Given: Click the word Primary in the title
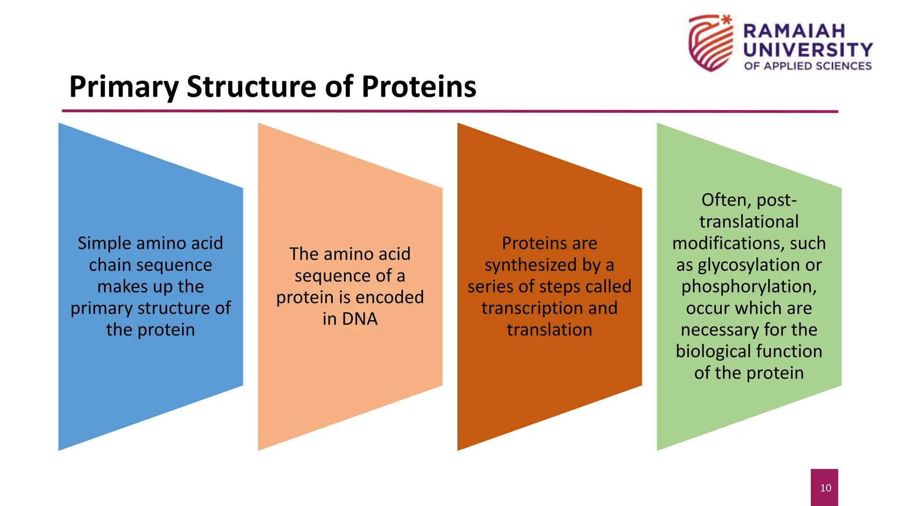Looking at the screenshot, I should click(123, 87).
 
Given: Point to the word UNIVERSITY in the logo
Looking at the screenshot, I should click(808, 50).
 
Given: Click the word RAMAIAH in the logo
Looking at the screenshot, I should click(794, 31).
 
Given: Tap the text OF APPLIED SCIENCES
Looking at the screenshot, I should click(808, 66).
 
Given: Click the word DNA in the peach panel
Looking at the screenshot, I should click(360, 319).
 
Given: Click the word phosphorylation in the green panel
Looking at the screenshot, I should click(748, 286).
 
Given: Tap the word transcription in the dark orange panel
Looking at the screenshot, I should click(532, 308).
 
